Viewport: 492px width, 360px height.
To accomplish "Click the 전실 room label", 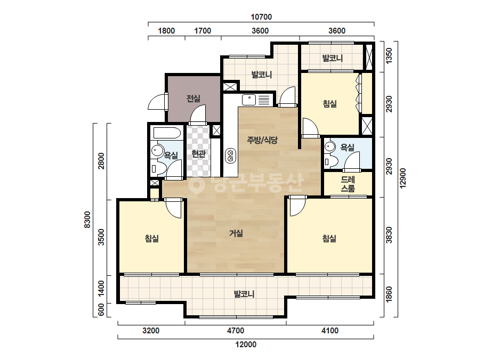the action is click(x=193, y=99).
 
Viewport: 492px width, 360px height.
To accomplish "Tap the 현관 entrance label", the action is click(x=198, y=154).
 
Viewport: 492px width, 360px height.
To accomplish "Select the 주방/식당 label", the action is click(x=262, y=140).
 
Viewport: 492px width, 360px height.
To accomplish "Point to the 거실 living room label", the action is click(x=236, y=233).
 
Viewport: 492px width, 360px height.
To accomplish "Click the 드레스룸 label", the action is click(x=348, y=184).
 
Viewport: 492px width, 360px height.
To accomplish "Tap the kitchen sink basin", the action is click(x=248, y=100).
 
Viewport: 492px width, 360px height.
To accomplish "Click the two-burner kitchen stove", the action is click(x=231, y=156).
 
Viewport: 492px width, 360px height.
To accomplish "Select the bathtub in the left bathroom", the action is click(x=167, y=133).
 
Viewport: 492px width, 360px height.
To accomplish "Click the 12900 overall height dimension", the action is click(x=403, y=178).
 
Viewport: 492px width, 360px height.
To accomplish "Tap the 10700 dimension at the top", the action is click(x=261, y=17).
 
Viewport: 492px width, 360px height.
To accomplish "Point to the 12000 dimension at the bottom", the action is click(x=246, y=345).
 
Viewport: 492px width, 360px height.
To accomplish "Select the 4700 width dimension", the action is click(x=235, y=331).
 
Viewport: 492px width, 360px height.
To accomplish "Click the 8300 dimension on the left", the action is click(x=87, y=220).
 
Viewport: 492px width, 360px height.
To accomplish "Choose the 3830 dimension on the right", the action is click(x=389, y=235).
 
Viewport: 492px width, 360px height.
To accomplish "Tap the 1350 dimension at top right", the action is click(x=389, y=55).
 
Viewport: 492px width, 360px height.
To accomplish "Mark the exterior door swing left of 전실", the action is click(x=157, y=102).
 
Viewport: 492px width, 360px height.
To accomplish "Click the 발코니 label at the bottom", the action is click(x=244, y=294).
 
